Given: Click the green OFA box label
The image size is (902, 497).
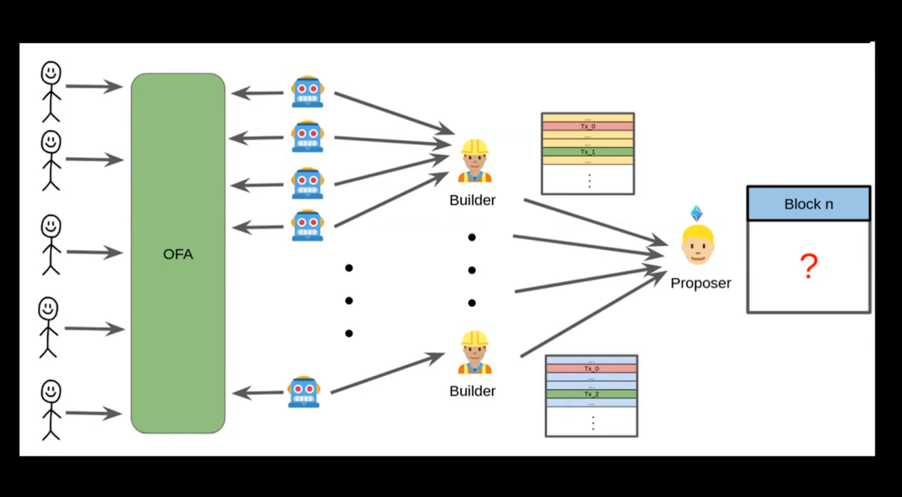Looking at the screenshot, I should [x=178, y=254].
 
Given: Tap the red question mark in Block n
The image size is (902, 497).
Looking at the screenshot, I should [x=808, y=266].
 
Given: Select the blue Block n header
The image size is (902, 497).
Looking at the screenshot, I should [x=808, y=204].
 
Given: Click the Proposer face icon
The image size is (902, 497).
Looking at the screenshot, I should [x=698, y=245].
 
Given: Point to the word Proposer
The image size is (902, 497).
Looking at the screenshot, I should [x=701, y=283].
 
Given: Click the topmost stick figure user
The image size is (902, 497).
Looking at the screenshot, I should [x=51, y=91].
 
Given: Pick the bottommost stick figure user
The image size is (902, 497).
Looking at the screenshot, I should [x=50, y=409].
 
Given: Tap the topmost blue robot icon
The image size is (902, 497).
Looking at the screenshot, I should [x=307, y=91].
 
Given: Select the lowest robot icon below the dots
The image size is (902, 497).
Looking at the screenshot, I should [x=304, y=392].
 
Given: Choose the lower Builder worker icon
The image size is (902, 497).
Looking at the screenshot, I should [x=475, y=353].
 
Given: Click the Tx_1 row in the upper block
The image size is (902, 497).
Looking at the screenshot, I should [x=588, y=151].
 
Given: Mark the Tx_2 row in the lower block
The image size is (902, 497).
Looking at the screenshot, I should [x=591, y=394].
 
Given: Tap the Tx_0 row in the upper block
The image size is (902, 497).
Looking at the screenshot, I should [x=588, y=126].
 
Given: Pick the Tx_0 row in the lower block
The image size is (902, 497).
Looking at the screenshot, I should [x=591, y=368].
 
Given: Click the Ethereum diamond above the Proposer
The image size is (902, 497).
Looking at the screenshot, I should [x=696, y=213].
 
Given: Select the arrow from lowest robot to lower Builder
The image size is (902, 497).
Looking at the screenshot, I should [x=387, y=373].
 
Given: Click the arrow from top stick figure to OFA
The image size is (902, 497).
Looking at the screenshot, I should [x=93, y=86].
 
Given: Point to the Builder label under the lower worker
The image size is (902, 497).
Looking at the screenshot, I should [x=473, y=391].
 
